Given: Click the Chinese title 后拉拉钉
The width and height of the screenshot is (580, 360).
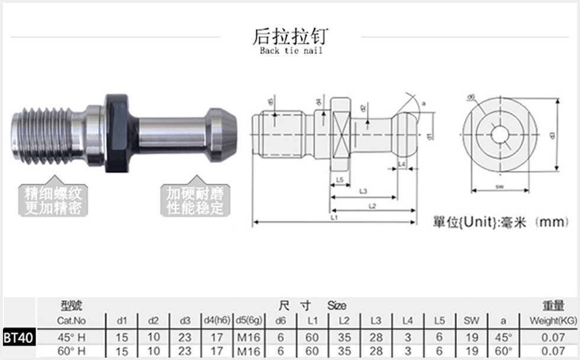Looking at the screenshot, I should [x=289, y=36].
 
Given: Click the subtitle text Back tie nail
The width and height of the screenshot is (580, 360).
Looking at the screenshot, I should [x=291, y=51].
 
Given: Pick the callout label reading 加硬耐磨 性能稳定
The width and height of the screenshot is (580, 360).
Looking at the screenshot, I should [x=194, y=201].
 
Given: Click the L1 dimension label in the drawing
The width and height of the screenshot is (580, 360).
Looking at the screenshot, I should [x=334, y=218].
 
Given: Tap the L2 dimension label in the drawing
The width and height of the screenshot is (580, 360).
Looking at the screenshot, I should [x=372, y=205].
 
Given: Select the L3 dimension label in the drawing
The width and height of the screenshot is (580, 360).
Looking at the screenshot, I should [x=363, y=191].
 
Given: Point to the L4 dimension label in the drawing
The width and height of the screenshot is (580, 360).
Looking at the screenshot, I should [x=401, y=164].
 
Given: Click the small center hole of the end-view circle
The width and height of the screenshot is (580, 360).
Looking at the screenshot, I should [x=500, y=135].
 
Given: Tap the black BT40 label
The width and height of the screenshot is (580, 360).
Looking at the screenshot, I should [x=19, y=338].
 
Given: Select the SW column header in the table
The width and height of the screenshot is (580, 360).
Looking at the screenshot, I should [x=471, y=321].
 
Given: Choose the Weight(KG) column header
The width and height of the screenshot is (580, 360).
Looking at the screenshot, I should [x=552, y=321].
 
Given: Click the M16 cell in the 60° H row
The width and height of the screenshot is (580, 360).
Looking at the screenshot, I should [x=249, y=351].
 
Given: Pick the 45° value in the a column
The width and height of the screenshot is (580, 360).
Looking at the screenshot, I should [x=503, y=337].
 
